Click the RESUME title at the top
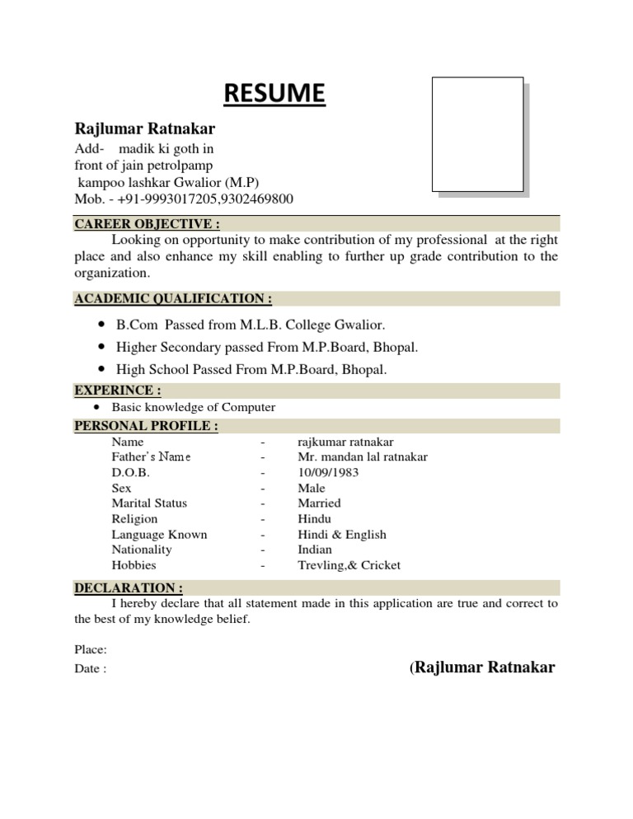(275, 95)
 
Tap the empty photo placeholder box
(478, 133)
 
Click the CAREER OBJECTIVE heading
(148, 223)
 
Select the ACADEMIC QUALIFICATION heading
(173, 298)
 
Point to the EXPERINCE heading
(118, 391)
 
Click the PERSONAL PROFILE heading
(147, 426)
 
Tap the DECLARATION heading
(129, 588)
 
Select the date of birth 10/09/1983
(328, 473)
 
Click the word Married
(319, 503)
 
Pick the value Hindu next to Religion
(314, 519)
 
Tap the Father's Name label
(151, 457)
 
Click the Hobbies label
(134, 565)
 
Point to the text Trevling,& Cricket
(349, 565)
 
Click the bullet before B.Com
(101, 325)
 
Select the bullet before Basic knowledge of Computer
(97, 407)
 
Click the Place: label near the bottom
(90, 650)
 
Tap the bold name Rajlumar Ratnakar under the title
(146, 129)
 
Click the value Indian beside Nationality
(315, 550)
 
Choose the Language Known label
(159, 535)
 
